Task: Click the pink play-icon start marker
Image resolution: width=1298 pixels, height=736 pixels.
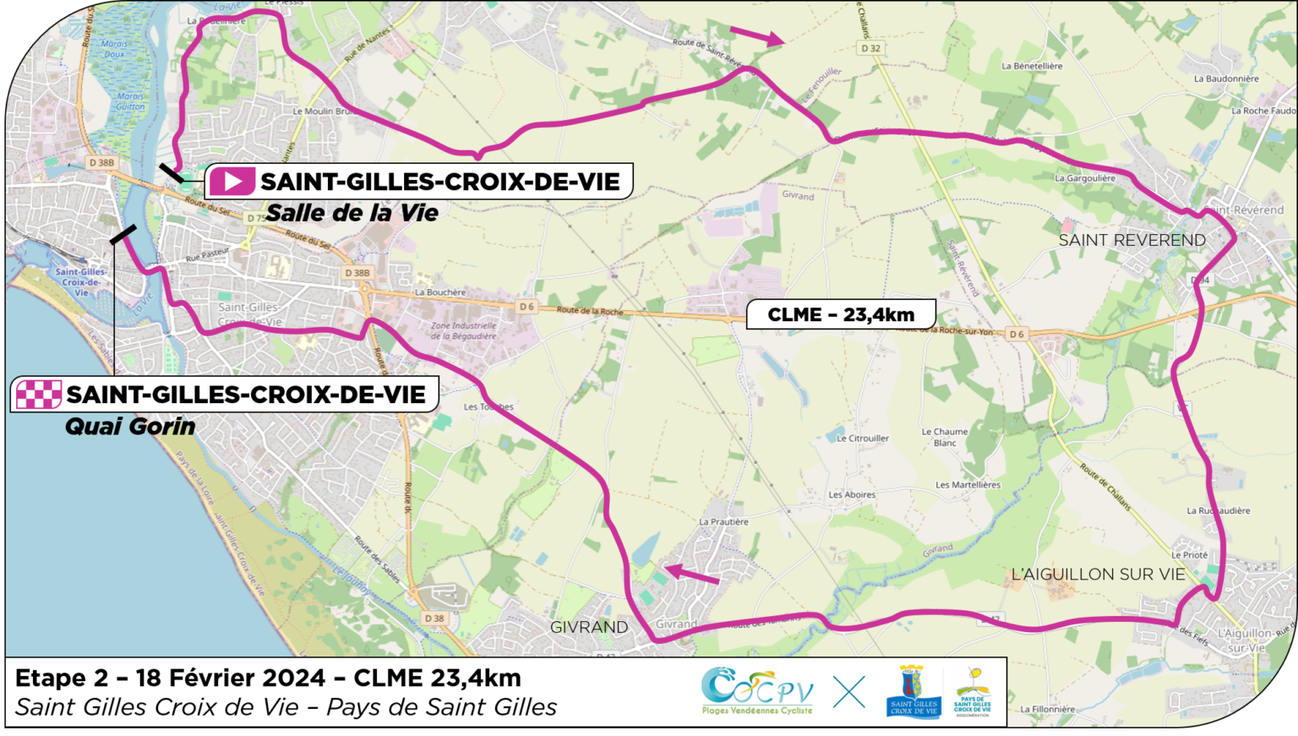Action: [232, 182]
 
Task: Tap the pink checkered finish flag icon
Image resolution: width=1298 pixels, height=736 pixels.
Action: [39, 395]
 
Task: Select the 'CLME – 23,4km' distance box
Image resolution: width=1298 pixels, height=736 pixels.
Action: [841, 314]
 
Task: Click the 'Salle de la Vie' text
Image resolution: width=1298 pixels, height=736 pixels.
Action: [352, 213]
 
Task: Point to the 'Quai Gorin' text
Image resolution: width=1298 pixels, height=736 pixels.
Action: [130, 427]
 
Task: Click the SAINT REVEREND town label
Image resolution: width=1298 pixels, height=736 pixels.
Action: [1132, 241]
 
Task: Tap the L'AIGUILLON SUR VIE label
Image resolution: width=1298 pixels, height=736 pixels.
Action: [1098, 575]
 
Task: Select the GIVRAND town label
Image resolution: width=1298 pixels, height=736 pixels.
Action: [589, 627]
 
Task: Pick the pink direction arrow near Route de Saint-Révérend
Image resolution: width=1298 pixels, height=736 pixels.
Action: [757, 35]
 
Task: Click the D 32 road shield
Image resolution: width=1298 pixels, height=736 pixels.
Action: [870, 48]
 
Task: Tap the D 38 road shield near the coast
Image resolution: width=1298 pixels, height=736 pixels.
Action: [434, 619]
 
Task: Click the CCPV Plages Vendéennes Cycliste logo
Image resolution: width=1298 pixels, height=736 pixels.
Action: [756, 691]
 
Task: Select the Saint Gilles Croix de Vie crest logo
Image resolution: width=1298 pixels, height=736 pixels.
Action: [914, 691]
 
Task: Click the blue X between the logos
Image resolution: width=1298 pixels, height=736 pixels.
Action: [848, 692]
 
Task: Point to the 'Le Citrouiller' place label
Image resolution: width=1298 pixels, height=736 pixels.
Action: [862, 439]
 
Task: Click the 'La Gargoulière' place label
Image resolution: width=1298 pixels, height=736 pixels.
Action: [1085, 178]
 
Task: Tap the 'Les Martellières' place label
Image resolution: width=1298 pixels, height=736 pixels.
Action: [968, 485]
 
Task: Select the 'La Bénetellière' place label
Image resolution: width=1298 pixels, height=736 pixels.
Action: [1032, 66]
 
